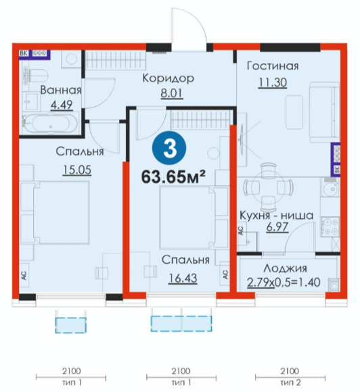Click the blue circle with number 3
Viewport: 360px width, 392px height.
pyautogui.click(x=169, y=149)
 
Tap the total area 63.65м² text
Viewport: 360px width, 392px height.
pyautogui.click(x=173, y=177)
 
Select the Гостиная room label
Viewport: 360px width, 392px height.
pyautogui.click(x=273, y=66)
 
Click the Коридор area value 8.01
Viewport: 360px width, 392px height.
pyautogui.click(x=172, y=93)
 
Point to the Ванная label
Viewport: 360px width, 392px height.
pyautogui.click(x=61, y=90)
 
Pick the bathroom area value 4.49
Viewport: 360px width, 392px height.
pyautogui.click(x=62, y=105)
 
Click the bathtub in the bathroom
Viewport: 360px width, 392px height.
pyautogui.click(x=50, y=124)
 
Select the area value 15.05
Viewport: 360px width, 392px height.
pyautogui.click(x=77, y=170)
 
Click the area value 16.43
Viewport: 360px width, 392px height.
pyautogui.click(x=183, y=278)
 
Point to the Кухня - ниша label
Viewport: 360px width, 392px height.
pyautogui.click(x=276, y=215)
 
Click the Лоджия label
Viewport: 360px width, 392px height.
pyautogui.click(x=285, y=268)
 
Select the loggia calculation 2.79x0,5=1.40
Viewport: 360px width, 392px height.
pyautogui.click(x=284, y=283)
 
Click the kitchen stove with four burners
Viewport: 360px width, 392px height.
pyautogui.click(x=330, y=227)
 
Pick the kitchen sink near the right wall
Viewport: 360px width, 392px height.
pyautogui.click(x=330, y=187)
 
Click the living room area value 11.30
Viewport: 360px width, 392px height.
pyautogui.click(x=273, y=82)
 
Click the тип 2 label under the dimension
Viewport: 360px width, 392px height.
pyautogui.click(x=290, y=383)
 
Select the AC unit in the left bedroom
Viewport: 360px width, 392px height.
pyautogui.click(x=24, y=275)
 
